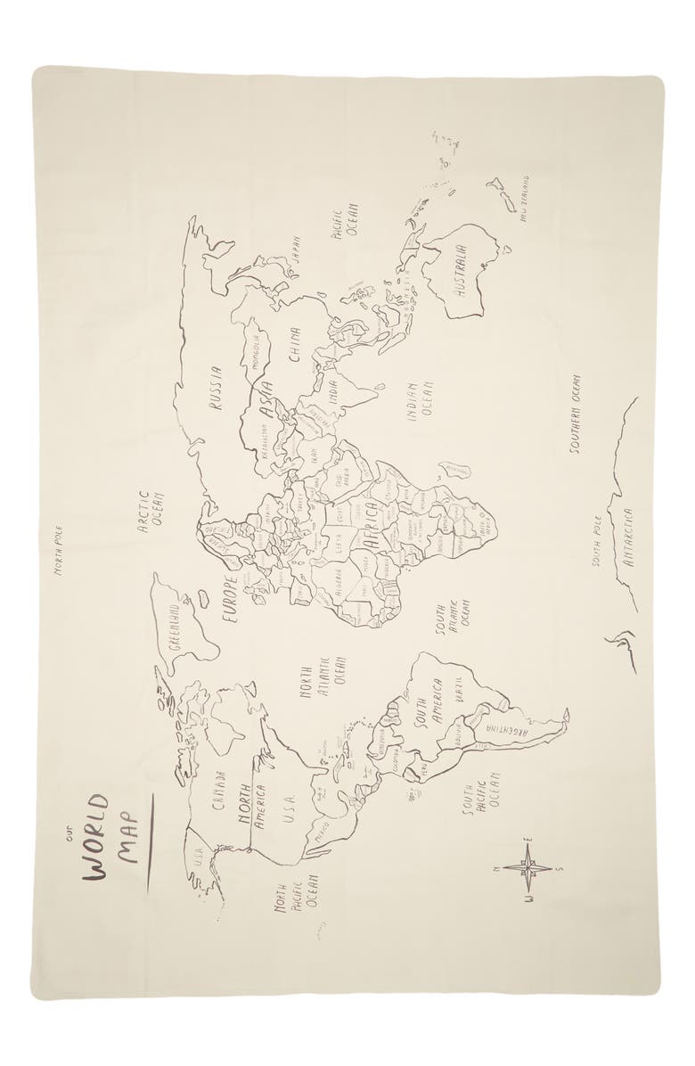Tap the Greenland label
tap(174, 624)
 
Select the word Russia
tap(216, 391)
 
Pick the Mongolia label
tap(256, 352)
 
